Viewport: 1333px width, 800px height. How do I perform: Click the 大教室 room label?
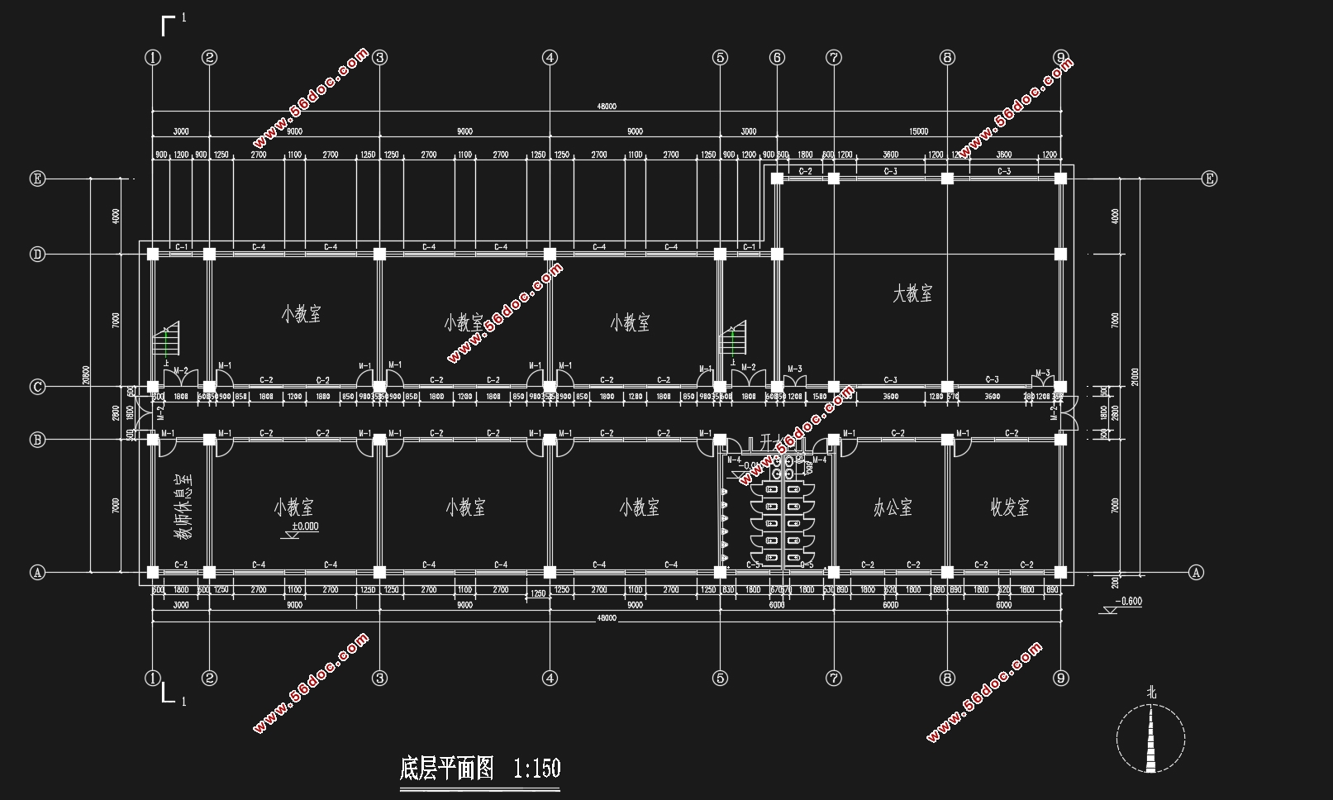coord(912,293)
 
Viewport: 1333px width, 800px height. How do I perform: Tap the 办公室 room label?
coord(893,507)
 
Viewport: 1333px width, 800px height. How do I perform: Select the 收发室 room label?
coord(1010,507)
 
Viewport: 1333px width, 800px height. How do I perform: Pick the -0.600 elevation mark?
coord(1127,602)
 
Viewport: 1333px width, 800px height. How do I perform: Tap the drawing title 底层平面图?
coord(446,769)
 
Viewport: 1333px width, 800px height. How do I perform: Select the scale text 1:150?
coord(536,769)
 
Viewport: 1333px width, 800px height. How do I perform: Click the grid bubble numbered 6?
coord(777,57)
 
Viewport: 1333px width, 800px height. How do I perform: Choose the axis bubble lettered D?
coord(37,255)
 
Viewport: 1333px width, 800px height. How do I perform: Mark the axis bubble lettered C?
coord(37,387)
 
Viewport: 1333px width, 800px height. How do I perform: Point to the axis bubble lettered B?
coord(37,440)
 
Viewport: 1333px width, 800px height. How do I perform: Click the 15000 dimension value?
coord(918,131)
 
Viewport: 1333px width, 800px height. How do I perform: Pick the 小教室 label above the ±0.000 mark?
coord(294,507)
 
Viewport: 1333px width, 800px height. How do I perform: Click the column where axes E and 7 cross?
coord(834,179)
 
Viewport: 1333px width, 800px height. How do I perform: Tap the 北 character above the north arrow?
coord(1151,693)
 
